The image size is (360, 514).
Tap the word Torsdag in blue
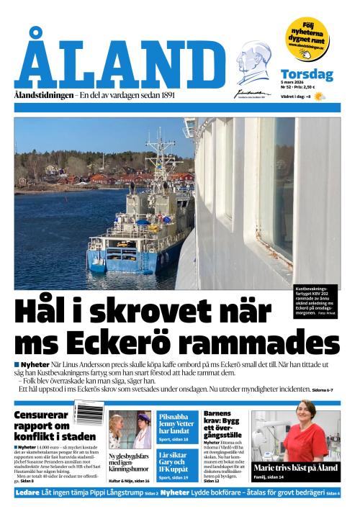(307, 73)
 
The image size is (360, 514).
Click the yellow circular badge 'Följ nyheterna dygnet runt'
(307, 37)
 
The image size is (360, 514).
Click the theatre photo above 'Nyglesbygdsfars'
(130, 429)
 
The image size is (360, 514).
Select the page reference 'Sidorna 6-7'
(323, 389)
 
